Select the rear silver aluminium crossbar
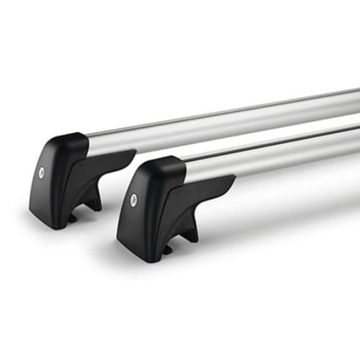coord(228,118)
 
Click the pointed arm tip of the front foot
coord(234,179)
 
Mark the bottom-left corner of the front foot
coord(119,238)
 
